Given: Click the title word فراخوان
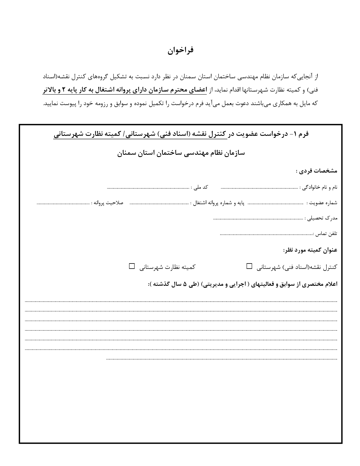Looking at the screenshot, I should point(180,51).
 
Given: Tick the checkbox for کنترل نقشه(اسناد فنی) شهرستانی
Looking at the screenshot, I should point(249,266).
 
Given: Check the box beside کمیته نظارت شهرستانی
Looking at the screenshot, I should point(132,266).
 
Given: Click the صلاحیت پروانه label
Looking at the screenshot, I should point(108,203).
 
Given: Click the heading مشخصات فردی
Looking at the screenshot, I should point(317,171).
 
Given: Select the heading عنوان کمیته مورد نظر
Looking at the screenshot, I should point(310,250).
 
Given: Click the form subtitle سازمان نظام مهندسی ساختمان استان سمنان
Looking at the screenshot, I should point(181,153).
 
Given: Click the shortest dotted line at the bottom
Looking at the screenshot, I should point(221,359).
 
